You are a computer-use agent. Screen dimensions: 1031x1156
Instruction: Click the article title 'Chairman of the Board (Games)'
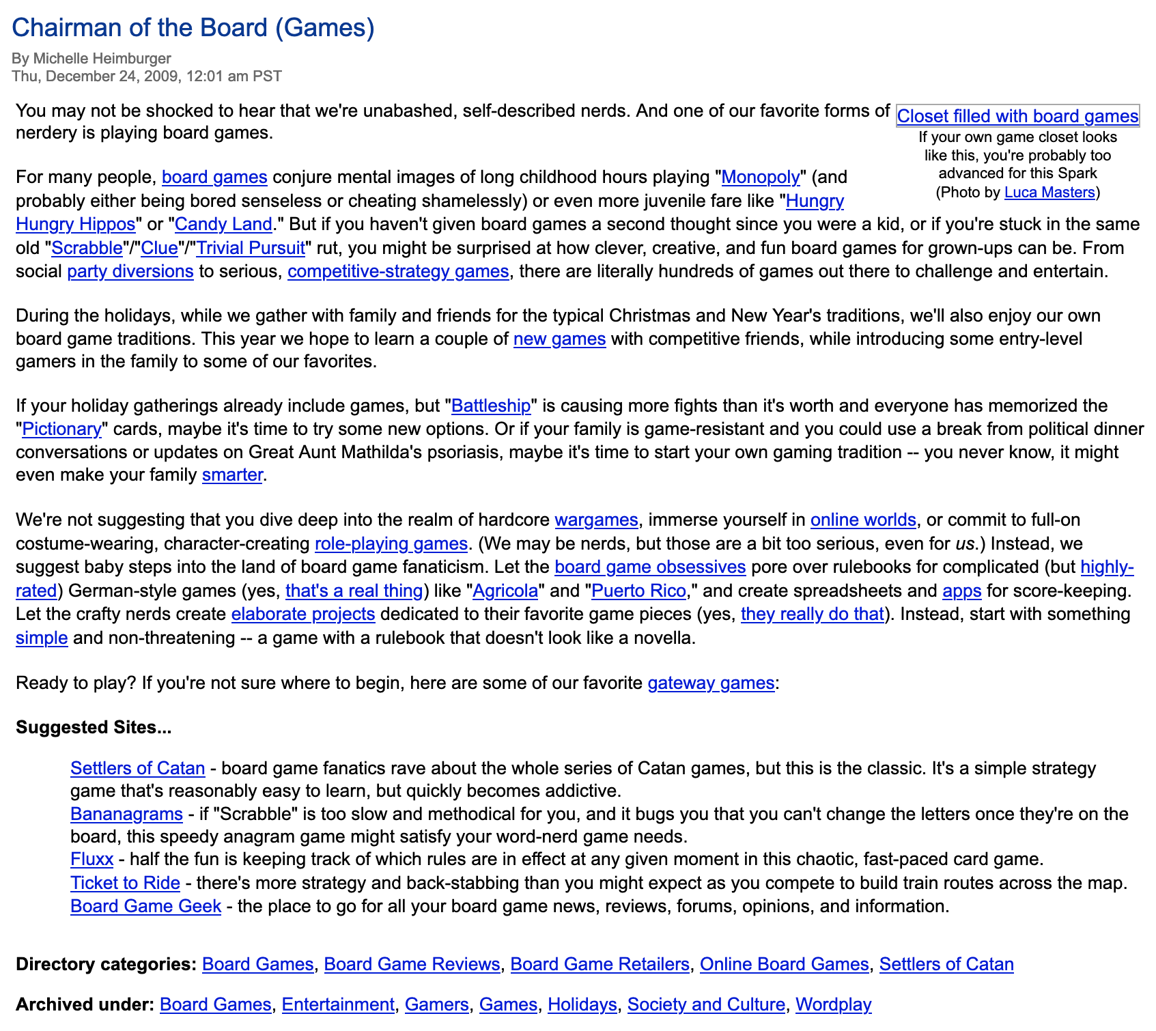tap(193, 28)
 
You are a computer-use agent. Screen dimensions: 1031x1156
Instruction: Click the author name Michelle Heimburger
tap(102, 58)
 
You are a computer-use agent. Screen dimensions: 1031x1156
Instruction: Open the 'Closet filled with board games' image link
tap(1017, 116)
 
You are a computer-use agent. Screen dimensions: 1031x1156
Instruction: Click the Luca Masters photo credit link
tap(1049, 193)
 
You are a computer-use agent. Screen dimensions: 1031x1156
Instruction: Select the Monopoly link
tap(760, 178)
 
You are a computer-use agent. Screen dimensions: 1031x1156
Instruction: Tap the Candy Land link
tap(224, 225)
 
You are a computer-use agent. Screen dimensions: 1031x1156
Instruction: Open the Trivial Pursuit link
tap(251, 248)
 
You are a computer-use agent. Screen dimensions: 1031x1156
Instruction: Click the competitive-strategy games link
tap(398, 272)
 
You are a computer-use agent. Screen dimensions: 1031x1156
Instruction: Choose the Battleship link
tap(491, 406)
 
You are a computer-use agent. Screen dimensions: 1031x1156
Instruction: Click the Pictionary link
tap(61, 429)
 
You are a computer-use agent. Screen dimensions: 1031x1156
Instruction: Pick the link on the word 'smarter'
tap(232, 475)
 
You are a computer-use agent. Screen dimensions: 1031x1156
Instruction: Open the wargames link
tap(596, 520)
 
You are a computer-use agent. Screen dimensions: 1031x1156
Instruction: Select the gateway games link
tap(711, 683)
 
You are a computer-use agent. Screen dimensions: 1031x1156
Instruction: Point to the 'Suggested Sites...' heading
tap(94, 728)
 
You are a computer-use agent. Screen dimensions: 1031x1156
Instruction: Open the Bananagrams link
tap(126, 815)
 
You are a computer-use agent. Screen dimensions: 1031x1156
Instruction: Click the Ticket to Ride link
tap(125, 884)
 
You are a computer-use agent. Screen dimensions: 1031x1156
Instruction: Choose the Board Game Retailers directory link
tap(600, 965)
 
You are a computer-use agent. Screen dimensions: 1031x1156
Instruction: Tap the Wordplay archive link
tap(833, 1005)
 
